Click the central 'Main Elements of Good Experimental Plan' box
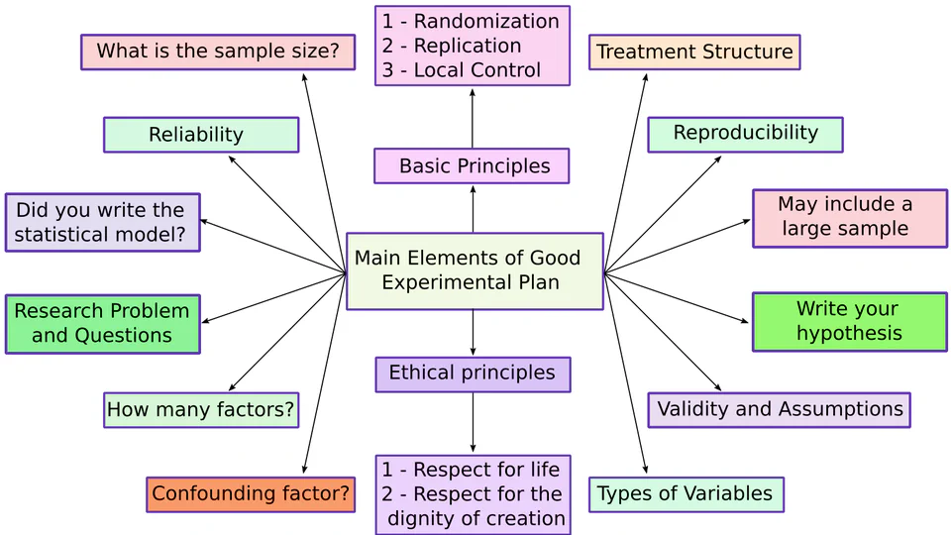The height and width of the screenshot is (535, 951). point(474,270)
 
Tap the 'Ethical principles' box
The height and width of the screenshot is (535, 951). point(473,374)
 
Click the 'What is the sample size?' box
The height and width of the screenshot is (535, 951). point(217,52)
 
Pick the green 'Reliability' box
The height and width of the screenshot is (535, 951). point(200,135)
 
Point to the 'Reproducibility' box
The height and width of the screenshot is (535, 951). point(745,134)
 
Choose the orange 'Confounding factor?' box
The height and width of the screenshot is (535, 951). point(250,493)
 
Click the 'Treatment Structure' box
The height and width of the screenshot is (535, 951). point(694,53)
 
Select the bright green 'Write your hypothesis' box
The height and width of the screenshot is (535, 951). point(849,321)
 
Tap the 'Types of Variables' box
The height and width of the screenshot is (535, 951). point(686,493)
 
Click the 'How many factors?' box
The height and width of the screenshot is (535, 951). point(200,409)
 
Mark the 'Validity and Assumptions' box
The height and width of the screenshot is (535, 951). point(779,409)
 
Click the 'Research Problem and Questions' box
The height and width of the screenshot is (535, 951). point(102,323)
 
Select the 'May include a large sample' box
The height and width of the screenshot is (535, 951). point(849,217)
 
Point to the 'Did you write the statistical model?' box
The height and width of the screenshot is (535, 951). point(102,222)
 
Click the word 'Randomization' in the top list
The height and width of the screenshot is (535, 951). point(486,22)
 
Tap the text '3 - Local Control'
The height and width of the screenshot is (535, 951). point(462,70)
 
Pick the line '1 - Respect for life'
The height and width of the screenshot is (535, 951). point(472,470)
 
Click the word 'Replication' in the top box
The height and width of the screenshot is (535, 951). point(468,46)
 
